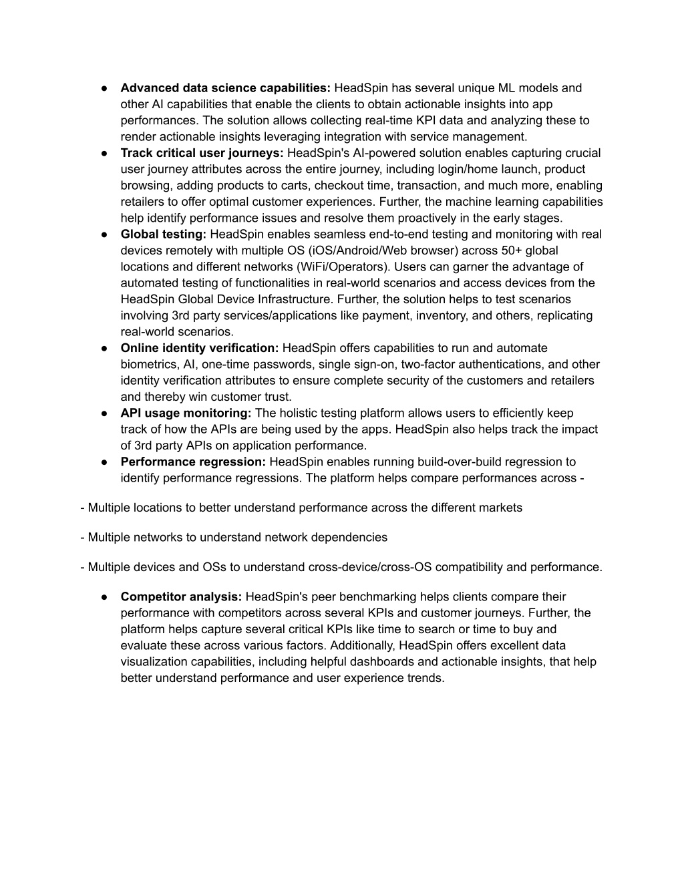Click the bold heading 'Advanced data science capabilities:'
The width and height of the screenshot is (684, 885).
tap(225, 88)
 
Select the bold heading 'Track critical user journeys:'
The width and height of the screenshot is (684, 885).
tap(202, 153)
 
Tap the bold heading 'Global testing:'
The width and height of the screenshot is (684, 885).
tap(163, 234)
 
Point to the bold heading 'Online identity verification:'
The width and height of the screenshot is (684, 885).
tap(199, 348)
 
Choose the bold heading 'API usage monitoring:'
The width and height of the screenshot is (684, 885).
tap(186, 413)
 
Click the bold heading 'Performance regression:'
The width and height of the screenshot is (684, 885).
tap(193, 462)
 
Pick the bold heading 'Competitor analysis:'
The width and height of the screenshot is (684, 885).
tap(181, 596)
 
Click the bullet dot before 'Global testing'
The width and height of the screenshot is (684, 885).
tap(106, 234)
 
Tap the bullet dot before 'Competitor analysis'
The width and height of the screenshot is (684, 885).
tap(106, 596)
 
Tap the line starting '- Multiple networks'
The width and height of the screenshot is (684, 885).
tap(234, 537)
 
